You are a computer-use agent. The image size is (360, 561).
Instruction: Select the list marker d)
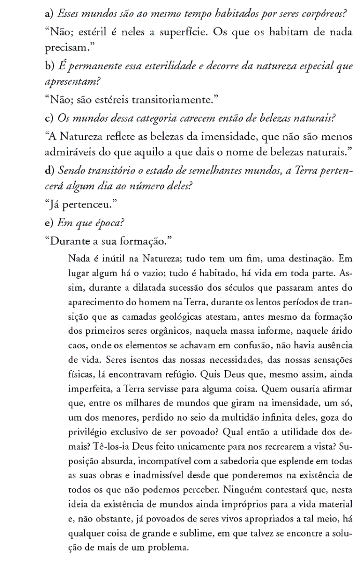coord(50,171)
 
